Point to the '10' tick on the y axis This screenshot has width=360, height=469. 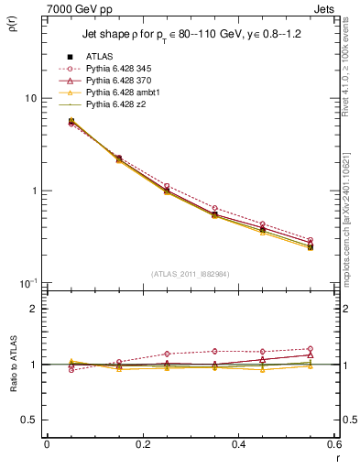pos(29,99)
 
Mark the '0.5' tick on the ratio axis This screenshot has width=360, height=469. pos(28,420)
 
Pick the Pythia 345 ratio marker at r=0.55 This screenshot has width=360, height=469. pos(310,349)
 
